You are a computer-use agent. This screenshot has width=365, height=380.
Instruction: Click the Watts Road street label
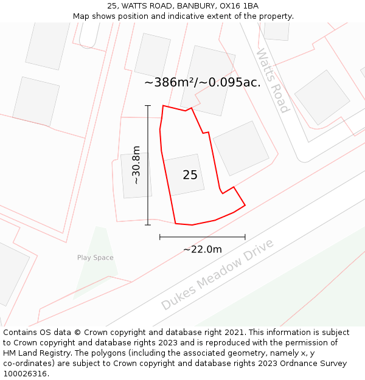[x=272, y=81]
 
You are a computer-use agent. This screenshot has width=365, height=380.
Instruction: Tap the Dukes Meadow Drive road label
[x=218, y=274]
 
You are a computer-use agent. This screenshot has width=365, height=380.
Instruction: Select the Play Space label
[x=95, y=258]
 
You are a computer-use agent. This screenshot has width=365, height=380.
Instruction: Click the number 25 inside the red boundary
[x=190, y=175]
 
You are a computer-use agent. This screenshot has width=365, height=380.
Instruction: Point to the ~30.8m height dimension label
[x=136, y=165]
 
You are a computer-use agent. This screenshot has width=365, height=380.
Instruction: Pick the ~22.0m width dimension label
[x=202, y=249]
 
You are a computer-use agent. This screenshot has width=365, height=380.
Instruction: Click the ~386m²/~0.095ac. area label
[x=203, y=83]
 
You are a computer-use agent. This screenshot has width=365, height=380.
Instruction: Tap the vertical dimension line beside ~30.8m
[x=148, y=182]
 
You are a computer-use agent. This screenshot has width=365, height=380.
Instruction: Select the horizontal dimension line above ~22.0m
[x=202, y=237]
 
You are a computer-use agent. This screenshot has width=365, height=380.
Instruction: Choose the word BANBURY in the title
[x=196, y=6]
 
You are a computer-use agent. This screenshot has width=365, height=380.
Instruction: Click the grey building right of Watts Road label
[x=322, y=97]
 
